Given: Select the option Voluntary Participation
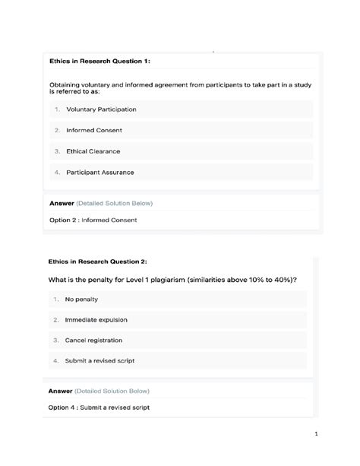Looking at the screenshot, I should [101, 109].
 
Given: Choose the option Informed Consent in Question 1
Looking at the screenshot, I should [94, 130].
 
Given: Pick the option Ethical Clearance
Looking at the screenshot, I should [93, 151].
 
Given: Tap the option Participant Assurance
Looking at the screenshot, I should [99, 173].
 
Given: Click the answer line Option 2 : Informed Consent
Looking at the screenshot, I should [93, 220].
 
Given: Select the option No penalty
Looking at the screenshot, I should [77, 300].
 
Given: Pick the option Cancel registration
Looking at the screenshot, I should [93, 341].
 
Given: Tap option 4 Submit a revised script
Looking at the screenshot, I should [100, 360].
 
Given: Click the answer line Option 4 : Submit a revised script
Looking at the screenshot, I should [99, 407].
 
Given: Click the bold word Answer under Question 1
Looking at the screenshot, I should [61, 204].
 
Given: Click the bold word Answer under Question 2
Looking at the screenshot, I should [60, 391].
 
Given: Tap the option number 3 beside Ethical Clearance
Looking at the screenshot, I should [57, 151].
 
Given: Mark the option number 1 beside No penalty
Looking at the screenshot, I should [56, 300].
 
